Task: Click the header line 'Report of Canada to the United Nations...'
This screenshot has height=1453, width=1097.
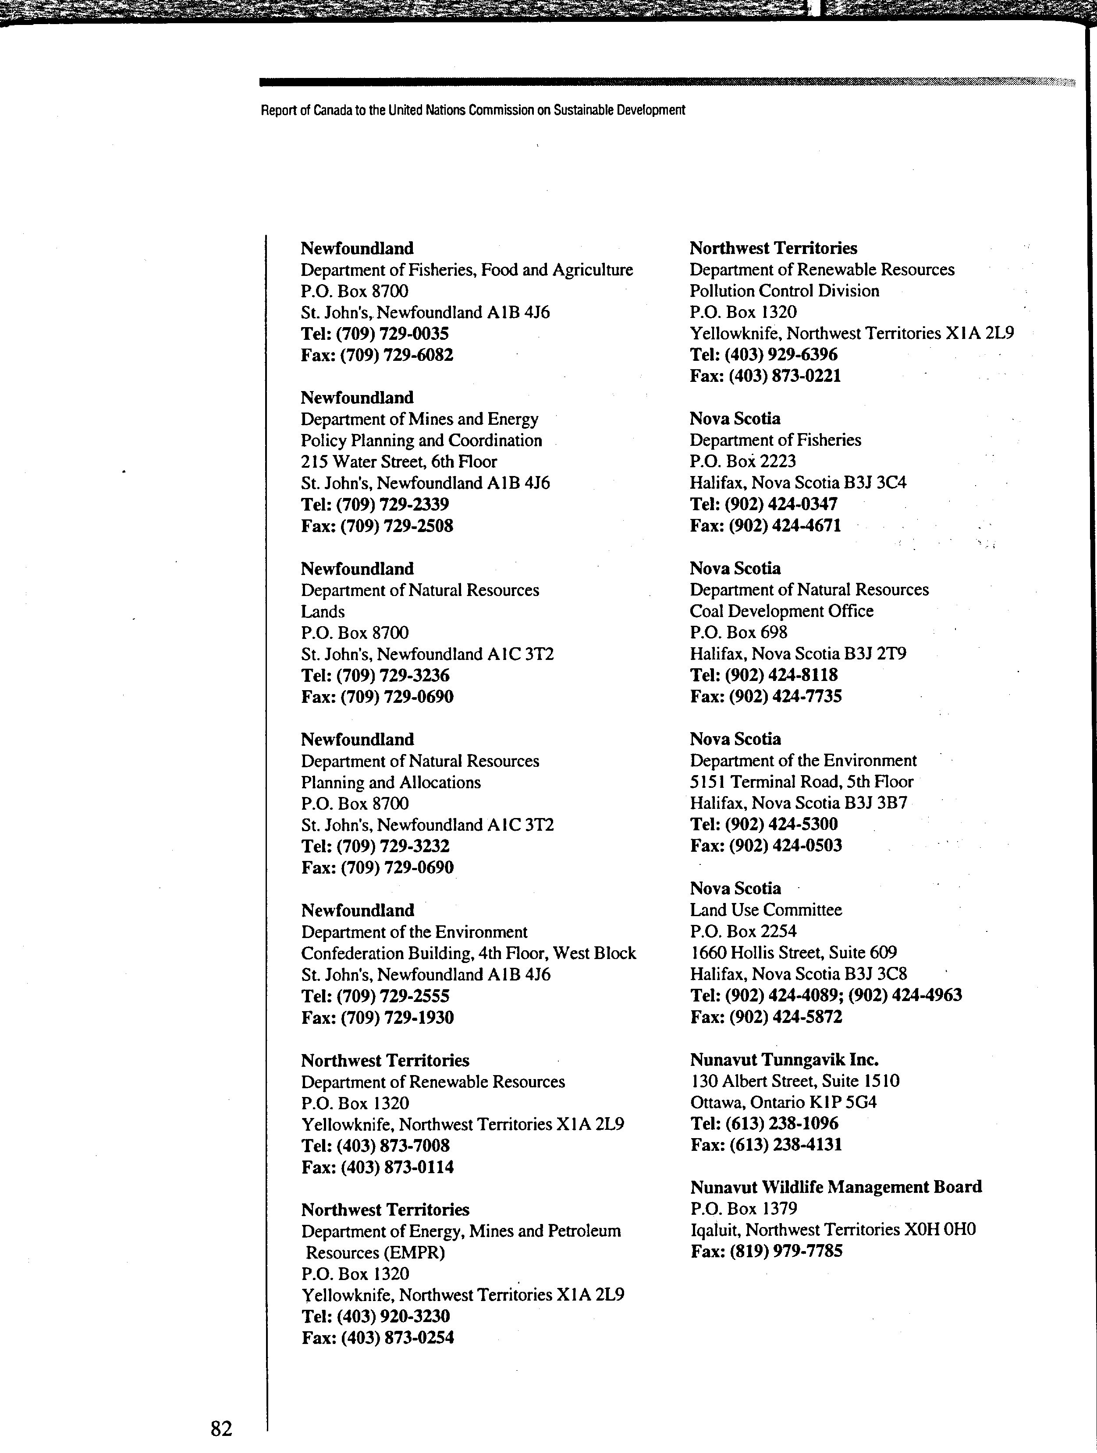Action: pos(472,110)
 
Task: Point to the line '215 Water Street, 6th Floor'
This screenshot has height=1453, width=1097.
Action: pos(399,462)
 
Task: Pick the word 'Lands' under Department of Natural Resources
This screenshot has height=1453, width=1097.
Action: pos(323,611)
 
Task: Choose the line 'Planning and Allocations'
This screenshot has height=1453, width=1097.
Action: pos(391,782)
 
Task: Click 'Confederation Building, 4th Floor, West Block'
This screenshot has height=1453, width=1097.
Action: pos(469,953)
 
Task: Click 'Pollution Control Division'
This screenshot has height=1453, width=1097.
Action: pos(784,291)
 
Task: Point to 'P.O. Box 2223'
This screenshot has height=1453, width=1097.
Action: pos(743,461)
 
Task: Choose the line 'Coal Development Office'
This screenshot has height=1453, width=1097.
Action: pos(781,611)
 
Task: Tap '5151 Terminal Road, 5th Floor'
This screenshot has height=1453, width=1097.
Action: pos(801,782)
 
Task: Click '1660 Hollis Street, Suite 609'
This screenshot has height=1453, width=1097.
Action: pos(793,952)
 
